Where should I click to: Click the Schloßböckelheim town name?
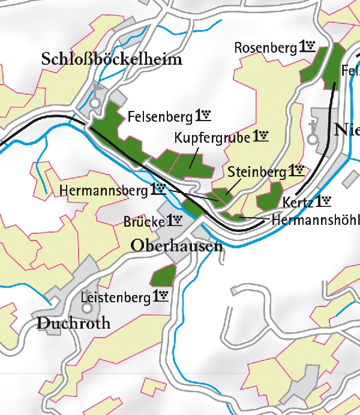(112, 59)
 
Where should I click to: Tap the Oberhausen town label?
(176, 246)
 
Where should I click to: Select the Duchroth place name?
(74, 323)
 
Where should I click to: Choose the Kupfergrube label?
(212, 137)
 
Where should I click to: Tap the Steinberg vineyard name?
(257, 172)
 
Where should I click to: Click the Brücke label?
(143, 221)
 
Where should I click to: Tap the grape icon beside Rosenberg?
(308, 46)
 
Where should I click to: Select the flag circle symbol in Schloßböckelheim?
(95, 103)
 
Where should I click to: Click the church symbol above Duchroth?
(88, 308)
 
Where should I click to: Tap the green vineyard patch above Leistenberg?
(163, 275)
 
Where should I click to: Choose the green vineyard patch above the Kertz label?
(270, 195)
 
